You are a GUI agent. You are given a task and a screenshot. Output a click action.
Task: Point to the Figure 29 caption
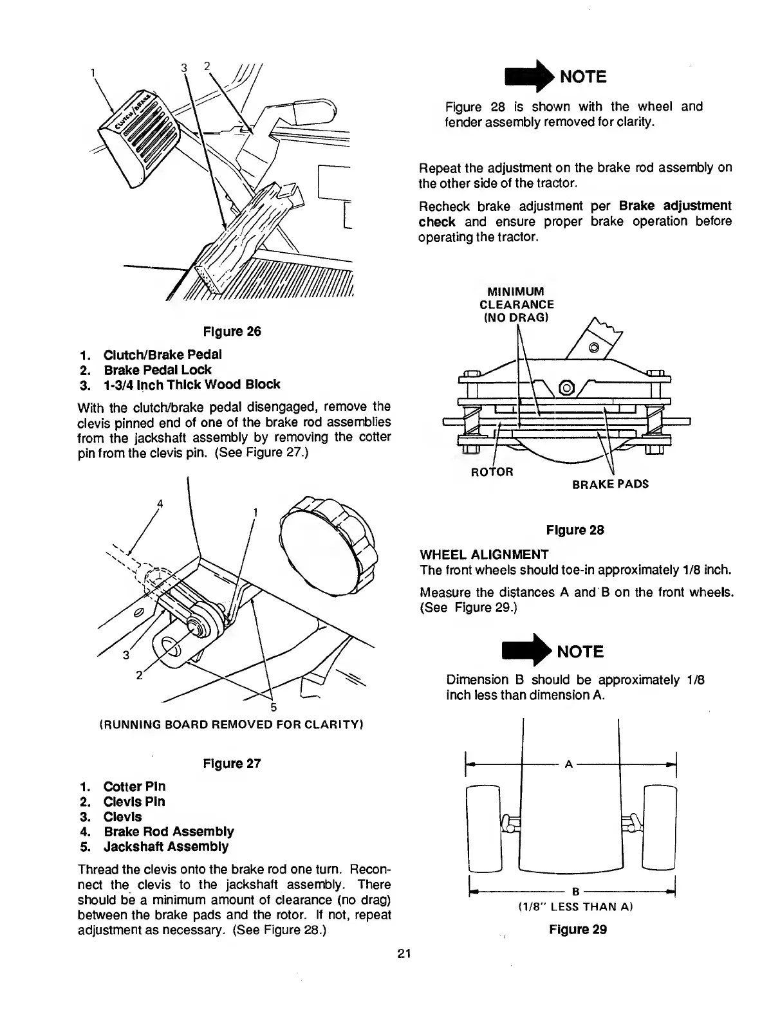point(578,929)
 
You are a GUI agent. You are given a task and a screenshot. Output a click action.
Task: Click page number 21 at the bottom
point(405,953)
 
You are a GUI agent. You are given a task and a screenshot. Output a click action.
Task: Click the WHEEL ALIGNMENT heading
point(484,555)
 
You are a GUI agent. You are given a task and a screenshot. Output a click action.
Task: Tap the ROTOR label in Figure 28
point(492,472)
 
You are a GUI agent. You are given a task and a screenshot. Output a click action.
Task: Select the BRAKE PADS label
point(609,484)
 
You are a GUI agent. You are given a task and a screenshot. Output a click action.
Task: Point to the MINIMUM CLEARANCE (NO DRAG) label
point(517,304)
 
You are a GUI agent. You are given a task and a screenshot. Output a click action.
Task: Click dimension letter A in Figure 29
point(568,765)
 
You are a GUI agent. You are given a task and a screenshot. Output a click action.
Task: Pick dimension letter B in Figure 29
point(575,892)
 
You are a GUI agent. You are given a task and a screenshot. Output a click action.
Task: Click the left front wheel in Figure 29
point(484,828)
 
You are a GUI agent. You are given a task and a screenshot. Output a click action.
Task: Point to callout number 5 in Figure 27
point(273,708)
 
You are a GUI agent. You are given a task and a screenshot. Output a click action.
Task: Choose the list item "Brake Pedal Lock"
point(157,370)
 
